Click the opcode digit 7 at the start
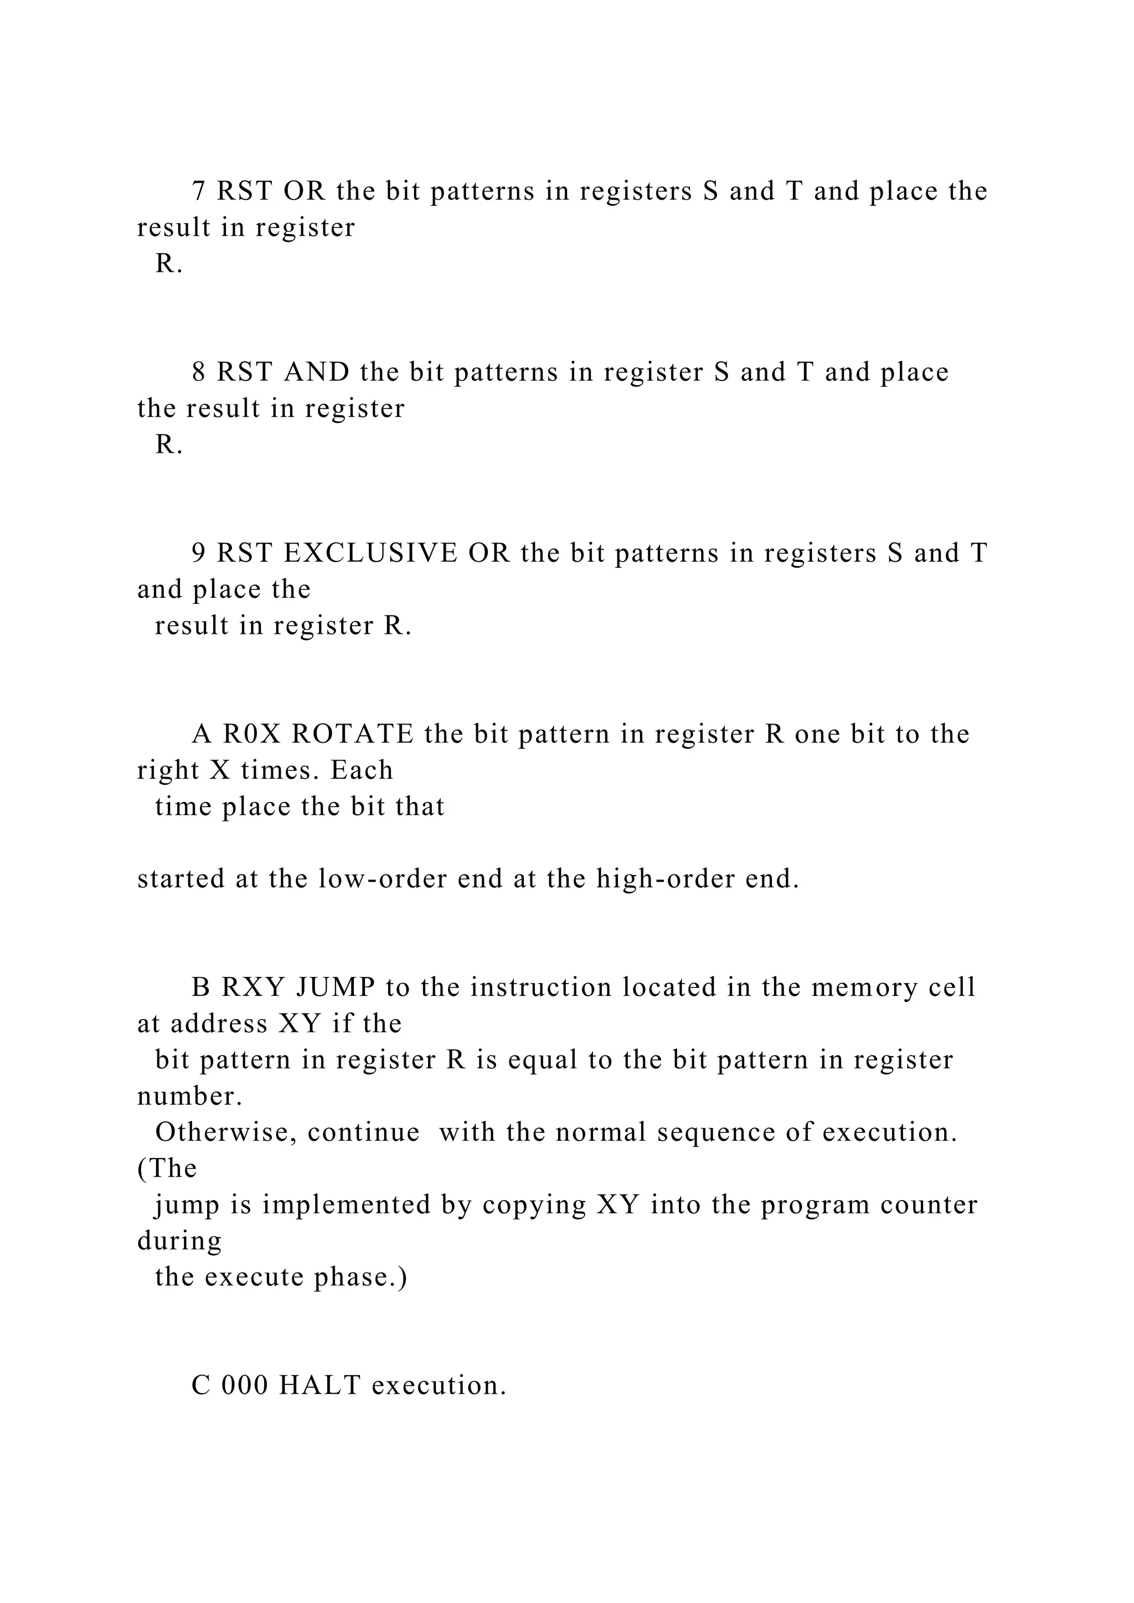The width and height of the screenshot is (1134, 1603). (198, 192)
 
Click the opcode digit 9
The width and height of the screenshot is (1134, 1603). (198, 553)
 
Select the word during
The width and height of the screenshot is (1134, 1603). (179, 1240)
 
